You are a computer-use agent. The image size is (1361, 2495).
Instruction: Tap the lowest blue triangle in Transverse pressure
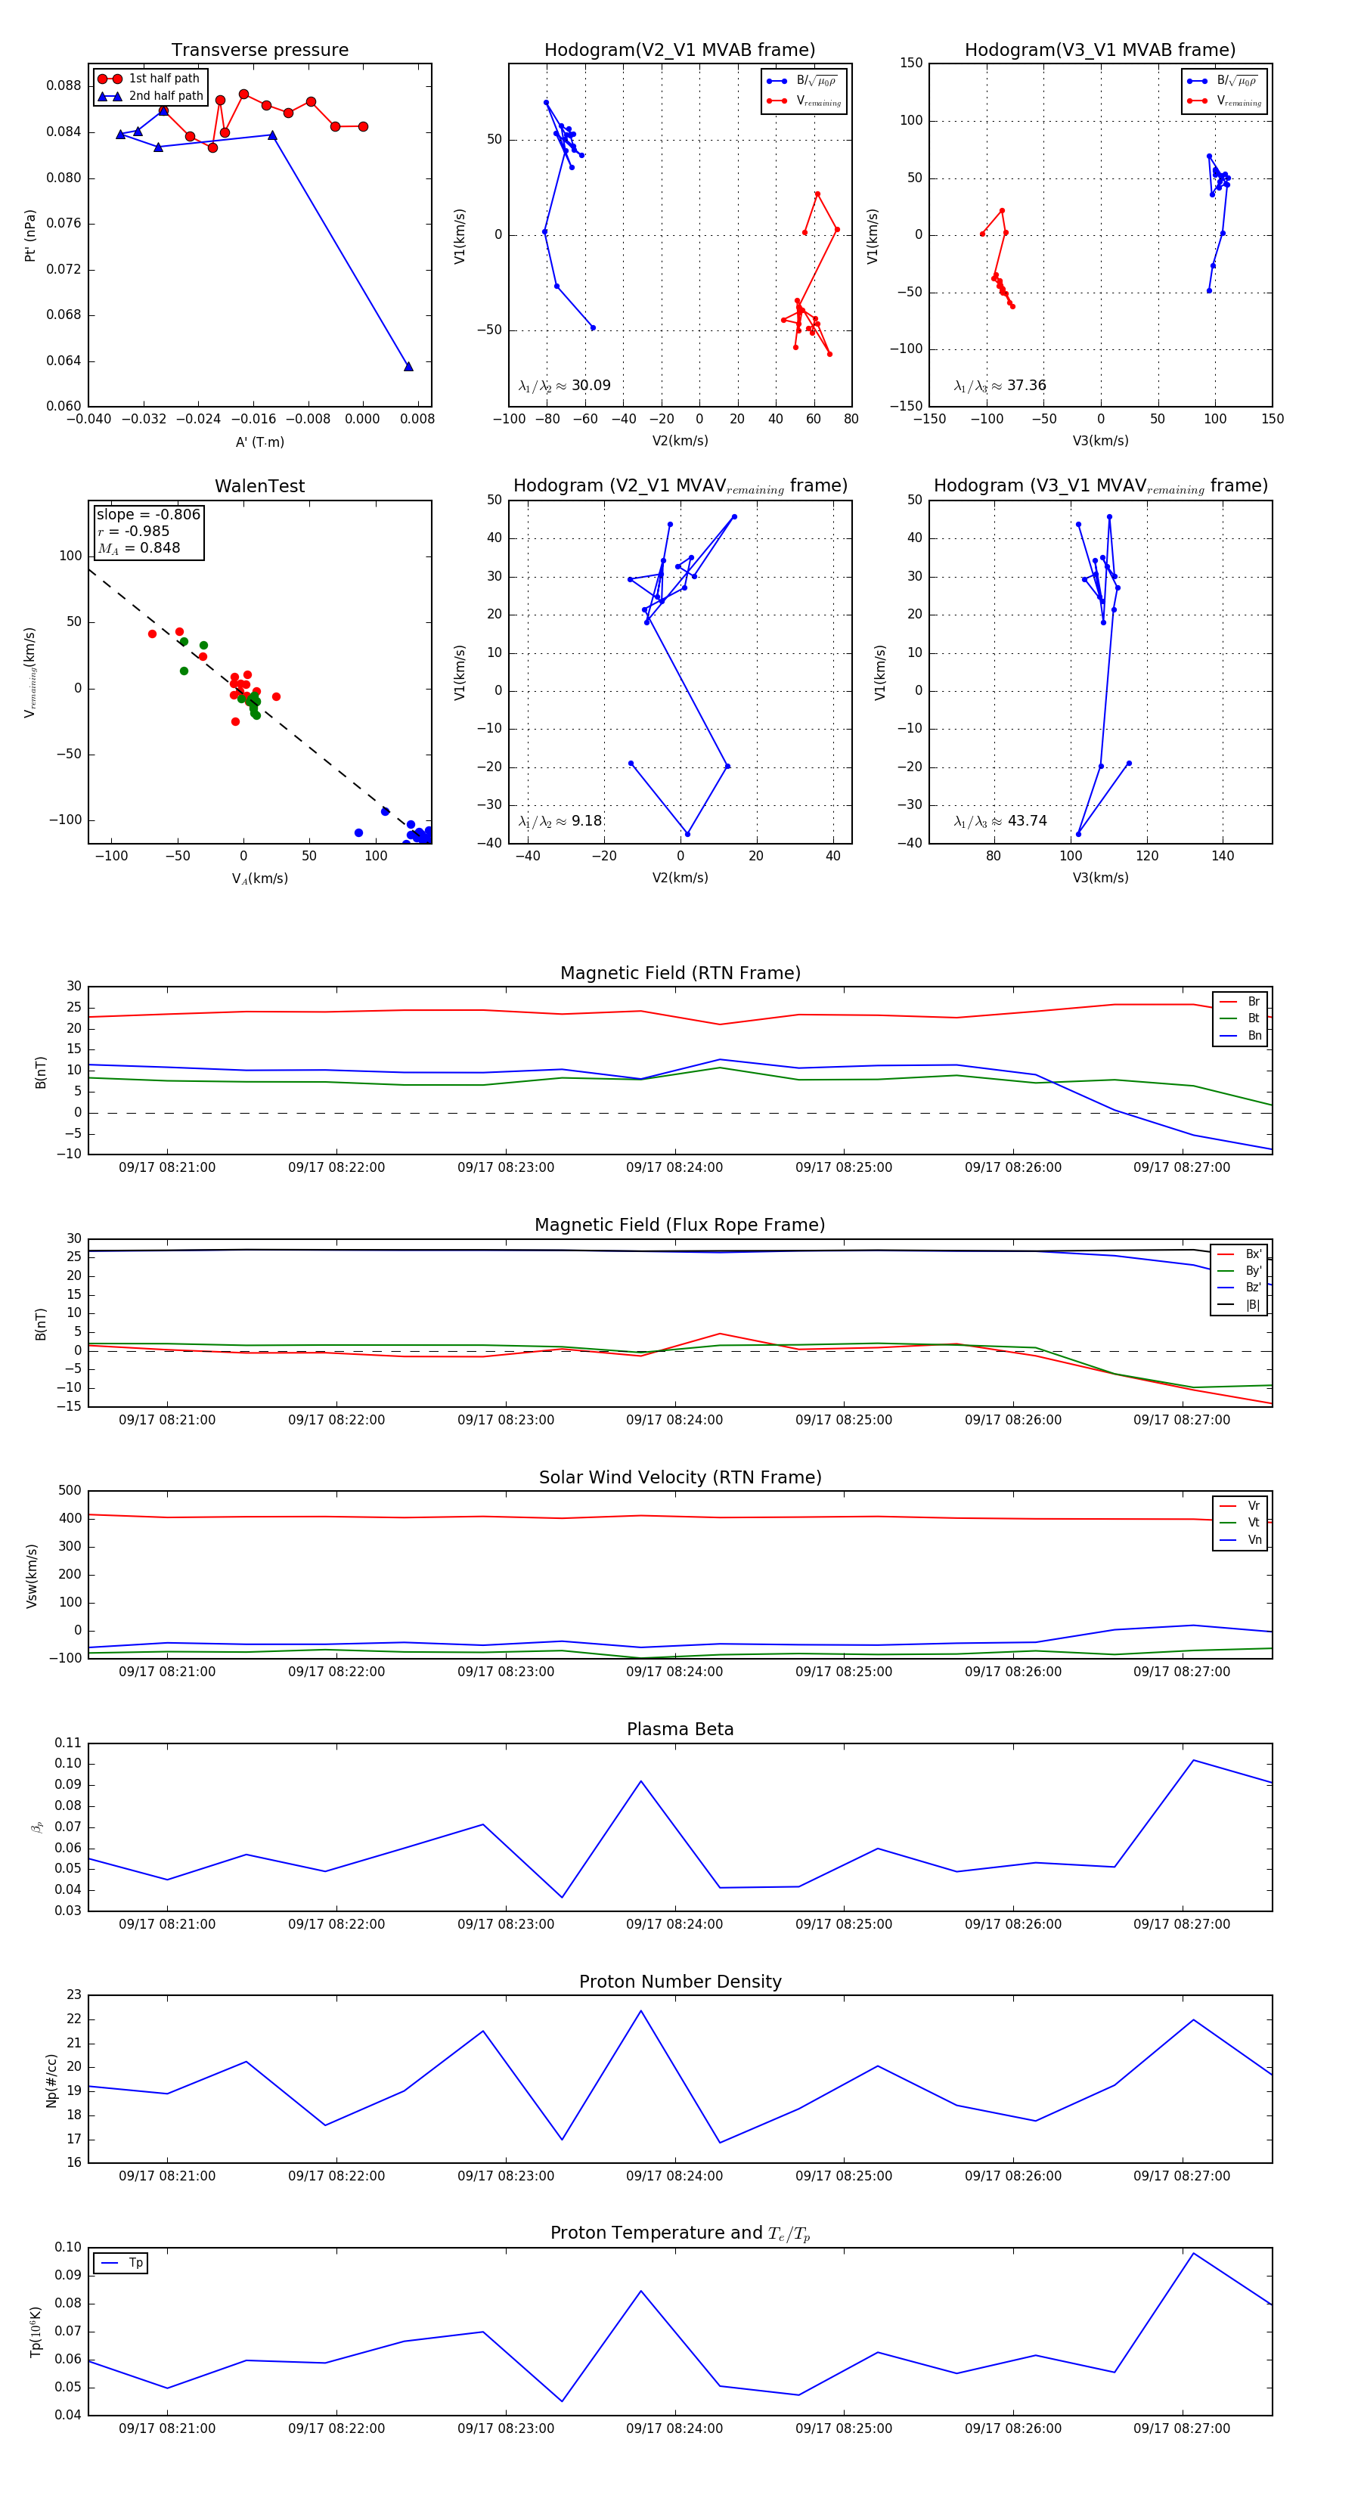[x=408, y=366]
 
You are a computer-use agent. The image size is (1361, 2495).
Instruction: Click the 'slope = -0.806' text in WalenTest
[x=148, y=514]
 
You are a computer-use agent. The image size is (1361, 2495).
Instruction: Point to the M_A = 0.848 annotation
[x=138, y=548]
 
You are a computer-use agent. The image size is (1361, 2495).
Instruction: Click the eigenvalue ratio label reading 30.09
[x=565, y=386]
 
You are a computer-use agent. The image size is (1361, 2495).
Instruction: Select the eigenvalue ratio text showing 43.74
[x=1000, y=821]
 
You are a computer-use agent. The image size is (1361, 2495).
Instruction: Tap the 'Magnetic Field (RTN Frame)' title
[x=680, y=973]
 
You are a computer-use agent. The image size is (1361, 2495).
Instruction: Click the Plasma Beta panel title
[x=680, y=1730]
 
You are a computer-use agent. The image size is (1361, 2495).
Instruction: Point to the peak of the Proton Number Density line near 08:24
[x=640, y=2010]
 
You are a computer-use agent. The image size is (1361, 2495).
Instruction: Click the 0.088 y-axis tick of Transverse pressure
[x=64, y=85]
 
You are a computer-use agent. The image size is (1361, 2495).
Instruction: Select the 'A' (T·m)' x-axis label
[x=259, y=442]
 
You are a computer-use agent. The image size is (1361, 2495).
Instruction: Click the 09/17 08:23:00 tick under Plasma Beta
[x=506, y=1923]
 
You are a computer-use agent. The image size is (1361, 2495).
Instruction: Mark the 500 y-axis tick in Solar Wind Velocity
[x=70, y=1491]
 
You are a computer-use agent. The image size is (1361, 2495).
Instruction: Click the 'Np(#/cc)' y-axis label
[x=51, y=2081]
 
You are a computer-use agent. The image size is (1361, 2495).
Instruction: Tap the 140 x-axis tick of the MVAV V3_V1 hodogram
[x=1223, y=855]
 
